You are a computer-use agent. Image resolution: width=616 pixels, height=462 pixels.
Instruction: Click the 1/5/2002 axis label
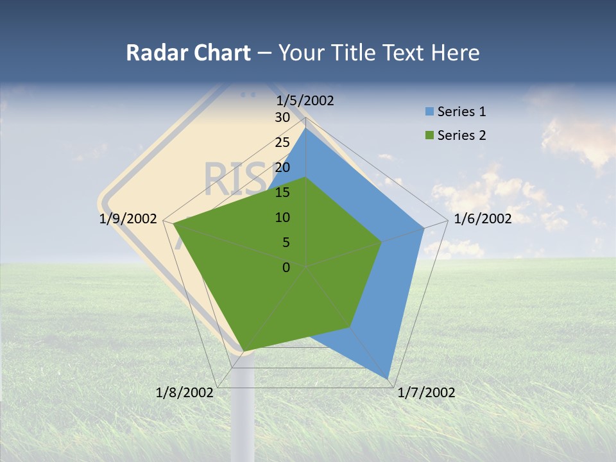(x=305, y=100)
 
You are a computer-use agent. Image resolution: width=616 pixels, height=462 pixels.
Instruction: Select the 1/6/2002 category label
(x=483, y=219)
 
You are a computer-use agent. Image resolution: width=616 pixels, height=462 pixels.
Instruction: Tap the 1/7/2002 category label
(x=426, y=393)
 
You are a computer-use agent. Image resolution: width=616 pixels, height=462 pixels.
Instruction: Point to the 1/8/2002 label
(x=185, y=393)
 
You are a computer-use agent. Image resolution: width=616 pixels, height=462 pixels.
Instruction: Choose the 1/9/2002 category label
(x=128, y=219)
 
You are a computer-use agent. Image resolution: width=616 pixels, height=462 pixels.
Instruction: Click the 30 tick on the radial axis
(x=282, y=117)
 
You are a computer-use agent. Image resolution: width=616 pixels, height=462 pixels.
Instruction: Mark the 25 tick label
(x=282, y=142)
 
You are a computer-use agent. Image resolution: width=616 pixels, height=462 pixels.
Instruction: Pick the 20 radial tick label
(x=282, y=167)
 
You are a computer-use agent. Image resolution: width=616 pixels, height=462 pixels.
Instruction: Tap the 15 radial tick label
(x=282, y=193)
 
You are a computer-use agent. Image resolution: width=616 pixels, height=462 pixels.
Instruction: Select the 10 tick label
(x=282, y=218)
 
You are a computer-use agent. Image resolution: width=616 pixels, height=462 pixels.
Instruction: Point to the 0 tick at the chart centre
(x=286, y=268)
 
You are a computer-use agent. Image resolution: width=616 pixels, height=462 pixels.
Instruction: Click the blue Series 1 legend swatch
(x=429, y=112)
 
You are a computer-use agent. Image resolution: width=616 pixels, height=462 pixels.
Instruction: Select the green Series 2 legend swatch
(x=429, y=135)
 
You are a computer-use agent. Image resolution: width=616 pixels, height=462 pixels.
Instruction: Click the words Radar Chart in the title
(x=188, y=53)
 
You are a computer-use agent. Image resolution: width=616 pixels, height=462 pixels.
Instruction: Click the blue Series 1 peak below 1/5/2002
(x=306, y=128)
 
